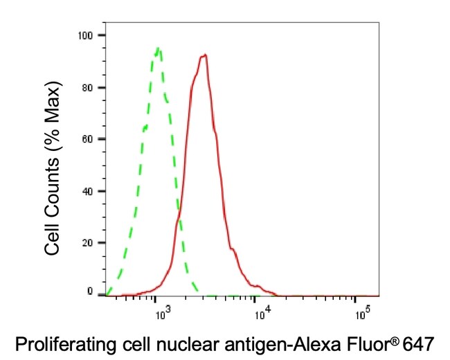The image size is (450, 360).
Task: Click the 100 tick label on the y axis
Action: (87, 35)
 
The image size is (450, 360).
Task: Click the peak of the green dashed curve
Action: (159, 48)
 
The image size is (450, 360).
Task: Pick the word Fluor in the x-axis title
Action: (372, 342)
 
